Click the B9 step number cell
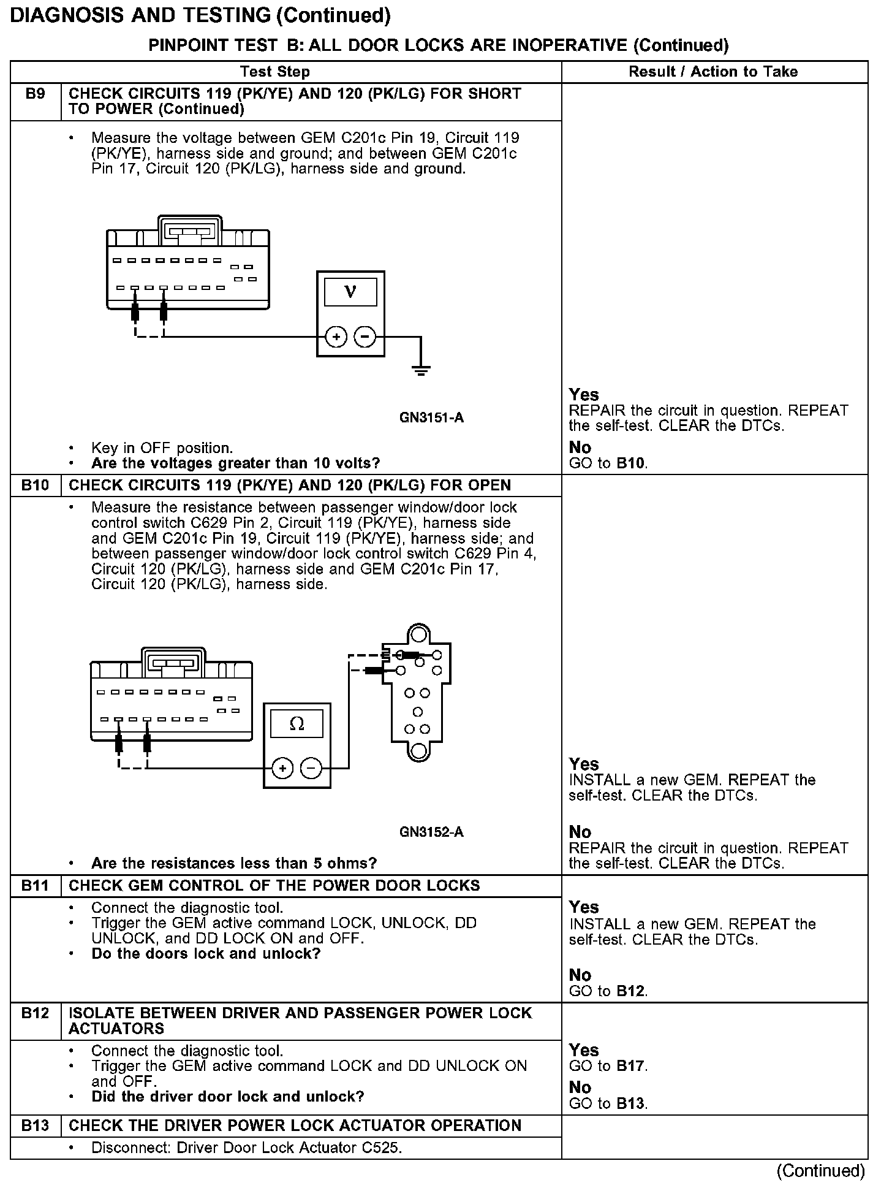coord(36,94)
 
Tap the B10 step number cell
coord(36,485)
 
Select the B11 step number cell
coord(36,886)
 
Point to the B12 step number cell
coord(36,1013)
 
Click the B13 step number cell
coord(36,1125)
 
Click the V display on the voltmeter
coord(350,292)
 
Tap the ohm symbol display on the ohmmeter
coord(297,724)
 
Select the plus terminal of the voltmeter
coord(336,337)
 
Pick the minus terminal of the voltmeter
coord(366,337)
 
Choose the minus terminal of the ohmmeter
coord(312,768)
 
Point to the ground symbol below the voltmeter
coord(421,370)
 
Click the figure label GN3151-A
coord(431,418)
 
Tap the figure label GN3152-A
coord(431,832)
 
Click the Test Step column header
coord(275,72)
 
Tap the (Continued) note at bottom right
coord(820,1171)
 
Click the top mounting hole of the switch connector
coord(418,633)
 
